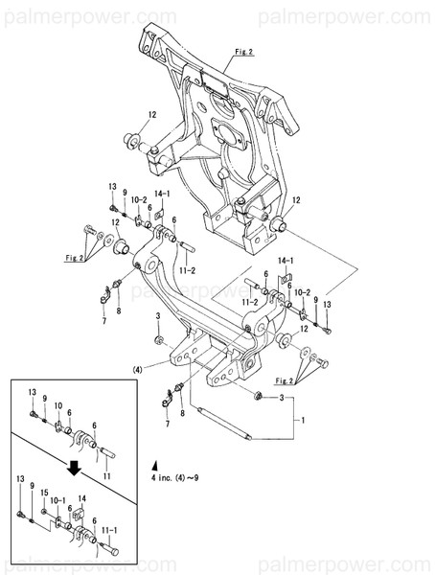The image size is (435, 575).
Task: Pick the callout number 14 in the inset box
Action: pyautogui.click(x=81, y=499)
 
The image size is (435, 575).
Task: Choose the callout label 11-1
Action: pyautogui.click(x=109, y=530)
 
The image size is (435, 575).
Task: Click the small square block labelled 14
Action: pyautogui.click(x=79, y=516)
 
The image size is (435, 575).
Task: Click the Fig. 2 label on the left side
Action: pyautogui.click(x=76, y=257)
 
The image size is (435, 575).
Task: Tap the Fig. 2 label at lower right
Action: pyautogui.click(x=284, y=381)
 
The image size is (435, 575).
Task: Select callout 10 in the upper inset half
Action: pyautogui.click(x=57, y=404)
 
